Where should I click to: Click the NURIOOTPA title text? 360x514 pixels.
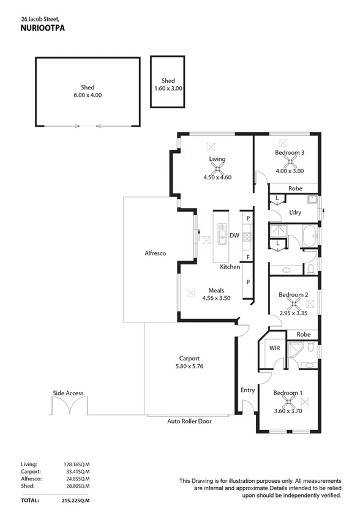42,28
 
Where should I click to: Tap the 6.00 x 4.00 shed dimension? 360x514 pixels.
88,95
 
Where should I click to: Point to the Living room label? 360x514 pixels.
217,159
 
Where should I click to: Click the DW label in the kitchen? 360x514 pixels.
234,235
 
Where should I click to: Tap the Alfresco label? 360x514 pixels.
155,253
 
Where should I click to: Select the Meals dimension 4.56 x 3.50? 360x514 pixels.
216,299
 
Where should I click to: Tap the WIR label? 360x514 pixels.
275,348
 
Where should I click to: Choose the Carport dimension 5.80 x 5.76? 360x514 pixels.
190,368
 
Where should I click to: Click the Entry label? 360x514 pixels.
247,390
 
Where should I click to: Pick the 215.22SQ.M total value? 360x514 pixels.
75,500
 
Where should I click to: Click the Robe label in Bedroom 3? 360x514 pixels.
294,188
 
